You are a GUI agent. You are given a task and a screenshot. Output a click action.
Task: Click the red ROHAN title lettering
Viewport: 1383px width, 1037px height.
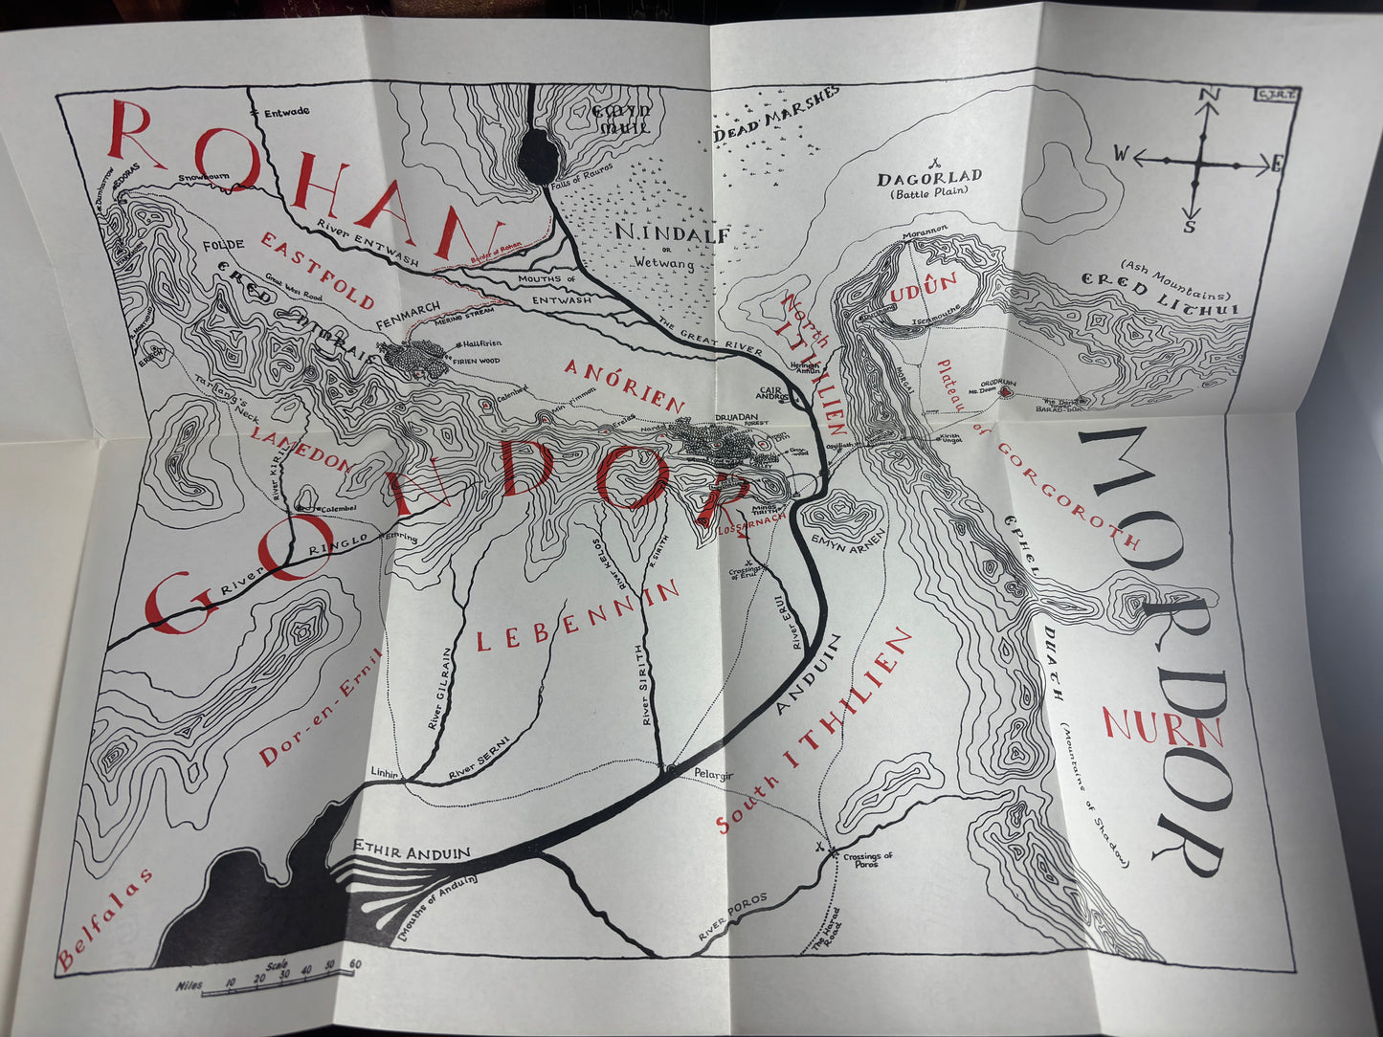pyautogui.click(x=297, y=182)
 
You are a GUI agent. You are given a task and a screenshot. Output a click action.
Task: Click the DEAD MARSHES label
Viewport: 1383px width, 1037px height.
pyautogui.click(x=775, y=116)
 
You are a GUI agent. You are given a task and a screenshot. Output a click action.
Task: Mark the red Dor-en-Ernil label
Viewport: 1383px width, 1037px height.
pyautogui.click(x=321, y=708)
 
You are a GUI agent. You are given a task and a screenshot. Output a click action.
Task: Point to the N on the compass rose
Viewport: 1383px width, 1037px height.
pyautogui.click(x=1208, y=95)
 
